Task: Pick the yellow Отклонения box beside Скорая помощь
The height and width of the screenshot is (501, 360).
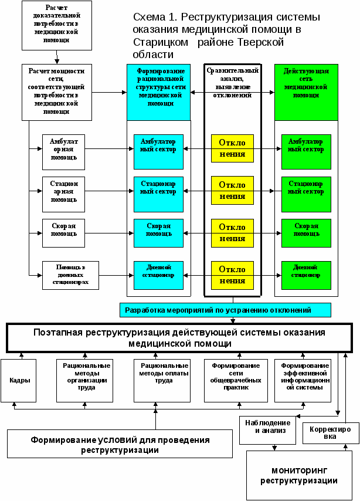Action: (x=232, y=232)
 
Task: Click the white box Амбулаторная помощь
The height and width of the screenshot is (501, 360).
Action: (x=63, y=152)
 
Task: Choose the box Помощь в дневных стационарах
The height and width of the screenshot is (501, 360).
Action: (x=70, y=276)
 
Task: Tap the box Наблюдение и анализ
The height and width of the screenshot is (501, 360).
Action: (x=267, y=430)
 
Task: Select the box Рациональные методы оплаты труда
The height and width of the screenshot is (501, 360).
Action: (x=156, y=380)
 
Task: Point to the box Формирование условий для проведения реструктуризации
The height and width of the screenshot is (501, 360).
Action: (x=120, y=444)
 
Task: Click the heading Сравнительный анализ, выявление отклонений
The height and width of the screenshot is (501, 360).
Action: (x=232, y=82)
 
